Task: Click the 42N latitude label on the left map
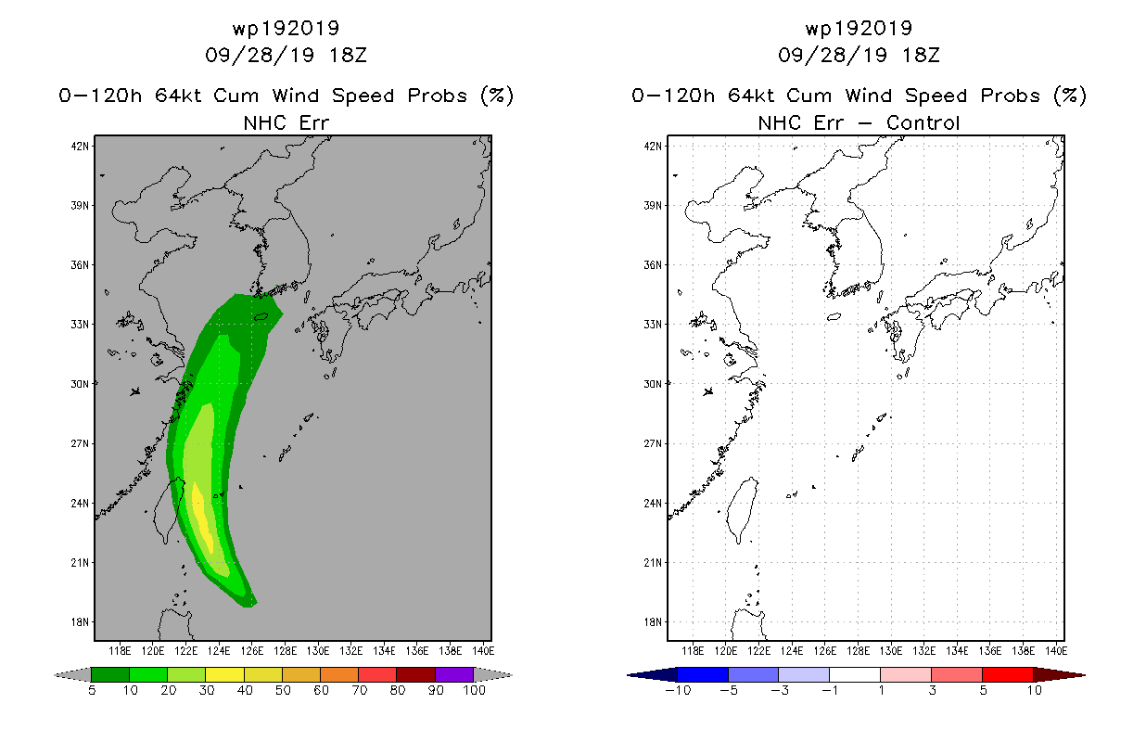[x=80, y=147]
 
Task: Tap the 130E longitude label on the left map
[x=318, y=651]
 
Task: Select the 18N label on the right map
[x=653, y=622]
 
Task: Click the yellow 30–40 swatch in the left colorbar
[x=224, y=674]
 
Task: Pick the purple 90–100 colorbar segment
[x=454, y=674]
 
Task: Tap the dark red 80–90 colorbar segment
[x=416, y=674]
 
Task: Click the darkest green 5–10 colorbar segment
[x=110, y=674]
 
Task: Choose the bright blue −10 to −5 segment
[x=703, y=674]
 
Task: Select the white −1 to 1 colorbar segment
[x=854, y=674]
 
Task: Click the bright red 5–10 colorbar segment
[x=1007, y=674]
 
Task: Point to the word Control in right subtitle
[x=923, y=122]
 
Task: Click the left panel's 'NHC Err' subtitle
[x=286, y=122]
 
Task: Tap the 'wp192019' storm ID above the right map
[x=859, y=28]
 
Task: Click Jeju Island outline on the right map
[x=834, y=317]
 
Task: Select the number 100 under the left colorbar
[x=474, y=690]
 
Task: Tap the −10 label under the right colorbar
[x=678, y=690]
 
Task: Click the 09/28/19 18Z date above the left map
[x=286, y=55]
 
